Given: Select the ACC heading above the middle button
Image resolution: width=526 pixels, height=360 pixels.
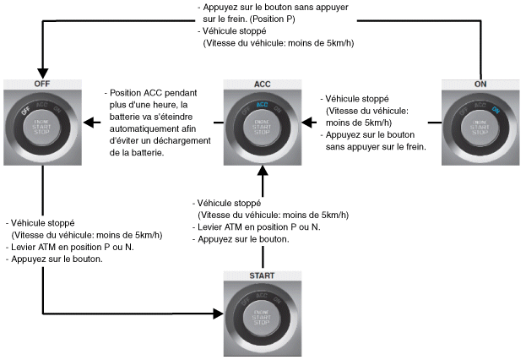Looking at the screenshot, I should point(261,85).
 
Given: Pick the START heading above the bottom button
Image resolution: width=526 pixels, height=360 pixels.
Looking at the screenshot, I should point(262,275).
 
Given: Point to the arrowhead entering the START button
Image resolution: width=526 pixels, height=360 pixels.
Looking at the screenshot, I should point(219,314).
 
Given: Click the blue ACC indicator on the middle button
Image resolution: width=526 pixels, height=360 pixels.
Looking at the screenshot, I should point(262,106).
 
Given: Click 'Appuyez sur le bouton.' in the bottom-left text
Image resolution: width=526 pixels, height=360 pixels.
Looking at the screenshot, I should point(57,259).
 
